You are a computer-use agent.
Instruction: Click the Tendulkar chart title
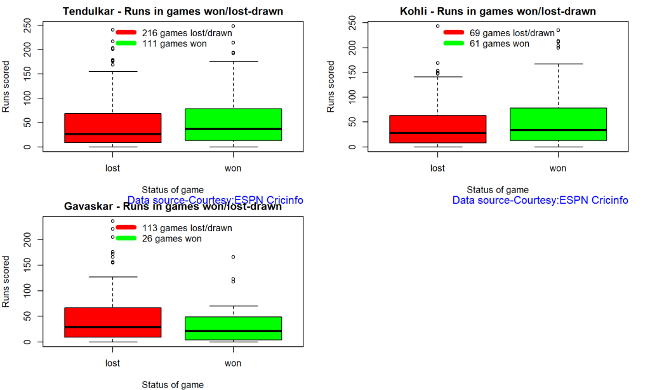pyautogui.click(x=173, y=11)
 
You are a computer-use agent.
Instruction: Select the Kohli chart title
pyautogui.click(x=498, y=11)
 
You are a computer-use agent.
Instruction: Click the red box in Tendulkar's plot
pyautogui.click(x=112, y=128)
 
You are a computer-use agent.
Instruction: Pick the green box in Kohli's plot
pyautogui.click(x=558, y=124)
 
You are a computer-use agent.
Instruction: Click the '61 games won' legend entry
pyautogui.click(x=499, y=44)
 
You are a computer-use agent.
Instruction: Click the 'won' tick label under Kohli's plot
pyautogui.click(x=558, y=168)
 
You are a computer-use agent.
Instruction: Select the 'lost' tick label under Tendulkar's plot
pyautogui.click(x=112, y=168)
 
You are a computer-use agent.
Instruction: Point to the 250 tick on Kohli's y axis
pyautogui.click(x=352, y=23)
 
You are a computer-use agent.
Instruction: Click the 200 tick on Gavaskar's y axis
pyautogui.click(x=27, y=239)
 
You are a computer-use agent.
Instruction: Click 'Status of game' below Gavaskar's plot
pyautogui.click(x=173, y=385)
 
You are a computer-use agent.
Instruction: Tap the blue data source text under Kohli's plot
pyautogui.click(x=540, y=201)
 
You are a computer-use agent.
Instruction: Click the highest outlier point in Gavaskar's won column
pyautogui.click(x=233, y=257)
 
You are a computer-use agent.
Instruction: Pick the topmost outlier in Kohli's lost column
pyautogui.click(x=437, y=27)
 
